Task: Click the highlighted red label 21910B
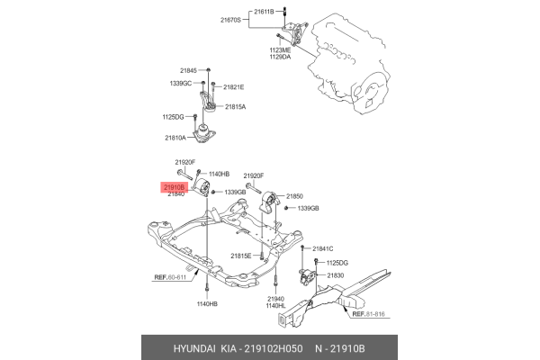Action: click(x=173, y=186)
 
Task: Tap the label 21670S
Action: click(x=232, y=20)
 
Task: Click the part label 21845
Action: click(x=188, y=69)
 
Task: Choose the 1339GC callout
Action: click(x=182, y=83)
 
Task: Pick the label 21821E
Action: click(x=233, y=86)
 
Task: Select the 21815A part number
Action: click(x=235, y=106)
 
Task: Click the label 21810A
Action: click(x=175, y=138)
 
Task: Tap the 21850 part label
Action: click(x=295, y=195)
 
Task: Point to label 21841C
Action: click(x=322, y=248)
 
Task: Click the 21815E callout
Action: click(x=240, y=256)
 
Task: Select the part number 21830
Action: click(x=336, y=274)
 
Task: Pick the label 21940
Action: click(x=276, y=298)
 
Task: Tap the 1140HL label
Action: click(x=276, y=306)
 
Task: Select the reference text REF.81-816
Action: click(x=368, y=314)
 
